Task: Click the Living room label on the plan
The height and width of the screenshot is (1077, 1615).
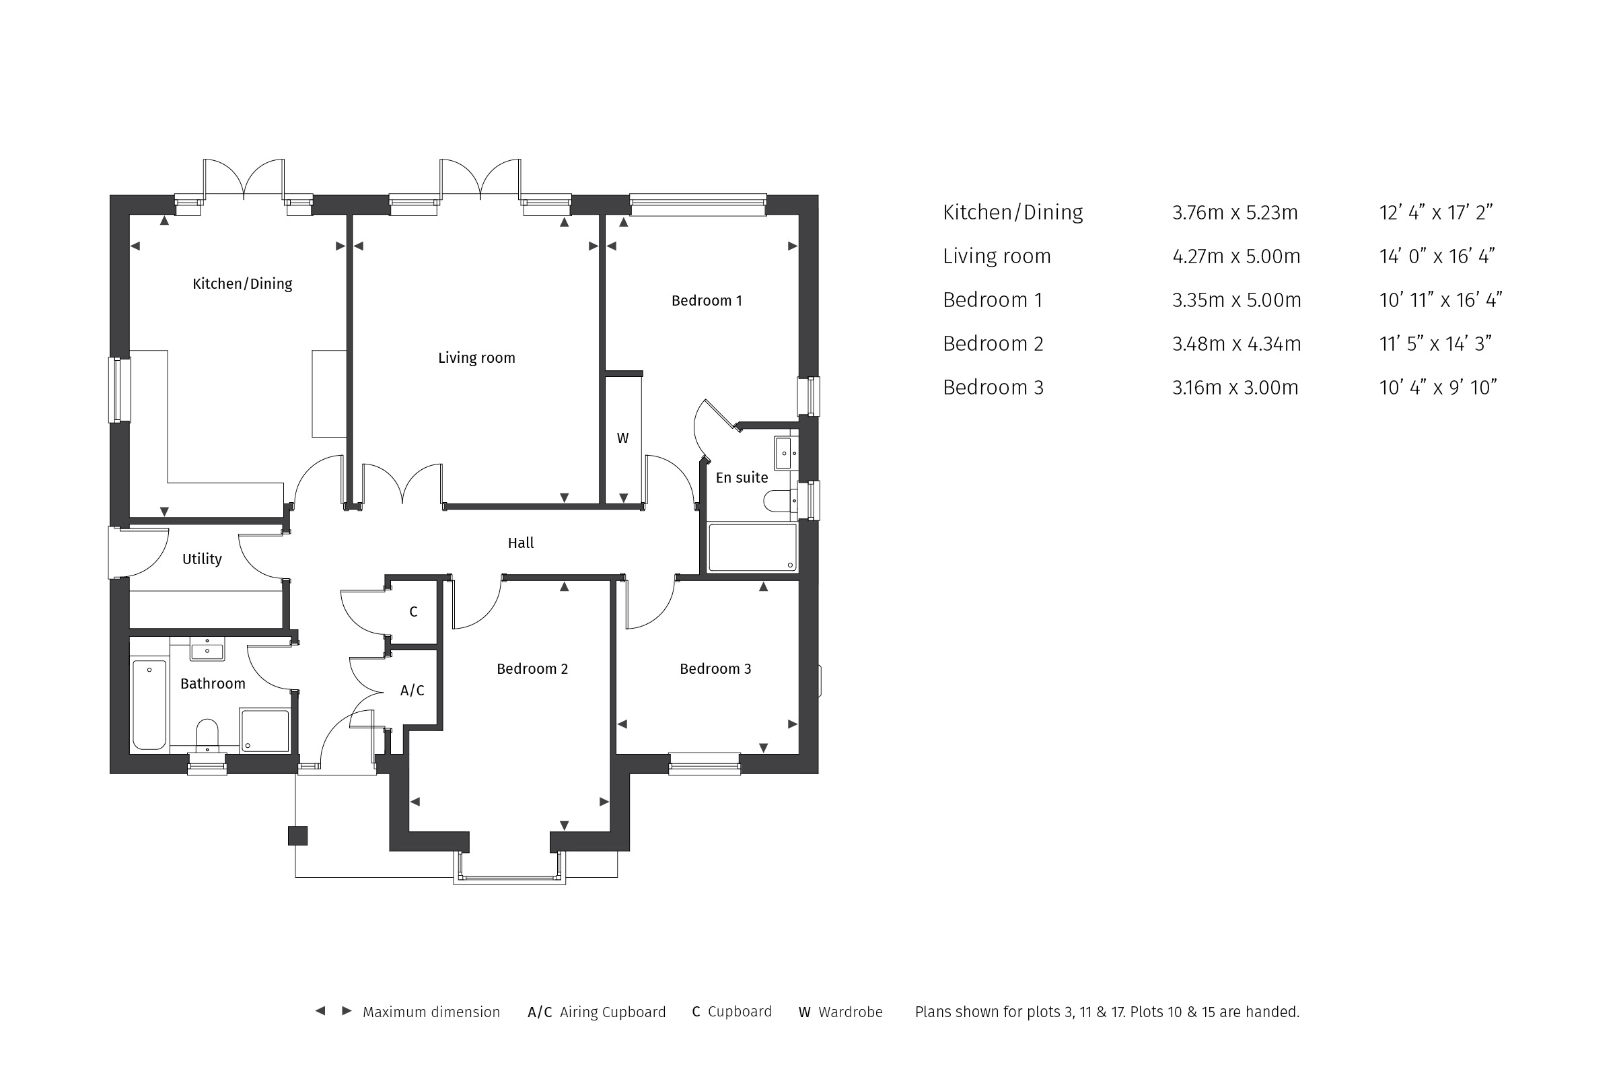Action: coord(476,358)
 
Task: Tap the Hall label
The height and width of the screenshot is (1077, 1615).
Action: coord(520,543)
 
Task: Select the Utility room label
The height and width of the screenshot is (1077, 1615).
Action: coord(202,559)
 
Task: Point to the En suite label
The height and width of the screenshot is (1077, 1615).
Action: coord(742,477)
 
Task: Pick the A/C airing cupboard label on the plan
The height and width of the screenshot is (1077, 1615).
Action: coord(412,691)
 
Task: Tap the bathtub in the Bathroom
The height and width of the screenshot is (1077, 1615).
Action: coord(149,705)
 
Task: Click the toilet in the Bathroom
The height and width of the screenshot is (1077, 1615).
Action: coord(207,734)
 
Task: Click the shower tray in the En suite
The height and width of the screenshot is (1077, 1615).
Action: coord(752,547)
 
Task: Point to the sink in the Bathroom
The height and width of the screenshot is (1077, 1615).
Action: coord(207,648)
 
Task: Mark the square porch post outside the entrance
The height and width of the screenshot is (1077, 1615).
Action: coord(297,835)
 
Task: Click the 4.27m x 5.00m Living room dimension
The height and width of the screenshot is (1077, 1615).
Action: coord(1236,256)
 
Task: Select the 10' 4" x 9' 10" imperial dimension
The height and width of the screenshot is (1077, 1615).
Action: coord(1438,388)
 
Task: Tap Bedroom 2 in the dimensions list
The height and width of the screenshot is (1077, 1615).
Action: coord(993,343)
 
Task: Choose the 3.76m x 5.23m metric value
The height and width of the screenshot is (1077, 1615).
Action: coord(1235,212)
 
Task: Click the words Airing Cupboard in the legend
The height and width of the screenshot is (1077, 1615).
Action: coord(612,1012)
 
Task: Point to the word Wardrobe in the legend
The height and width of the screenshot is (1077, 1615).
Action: coord(850,1012)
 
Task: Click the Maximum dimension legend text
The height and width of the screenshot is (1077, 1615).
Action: coord(431,1012)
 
